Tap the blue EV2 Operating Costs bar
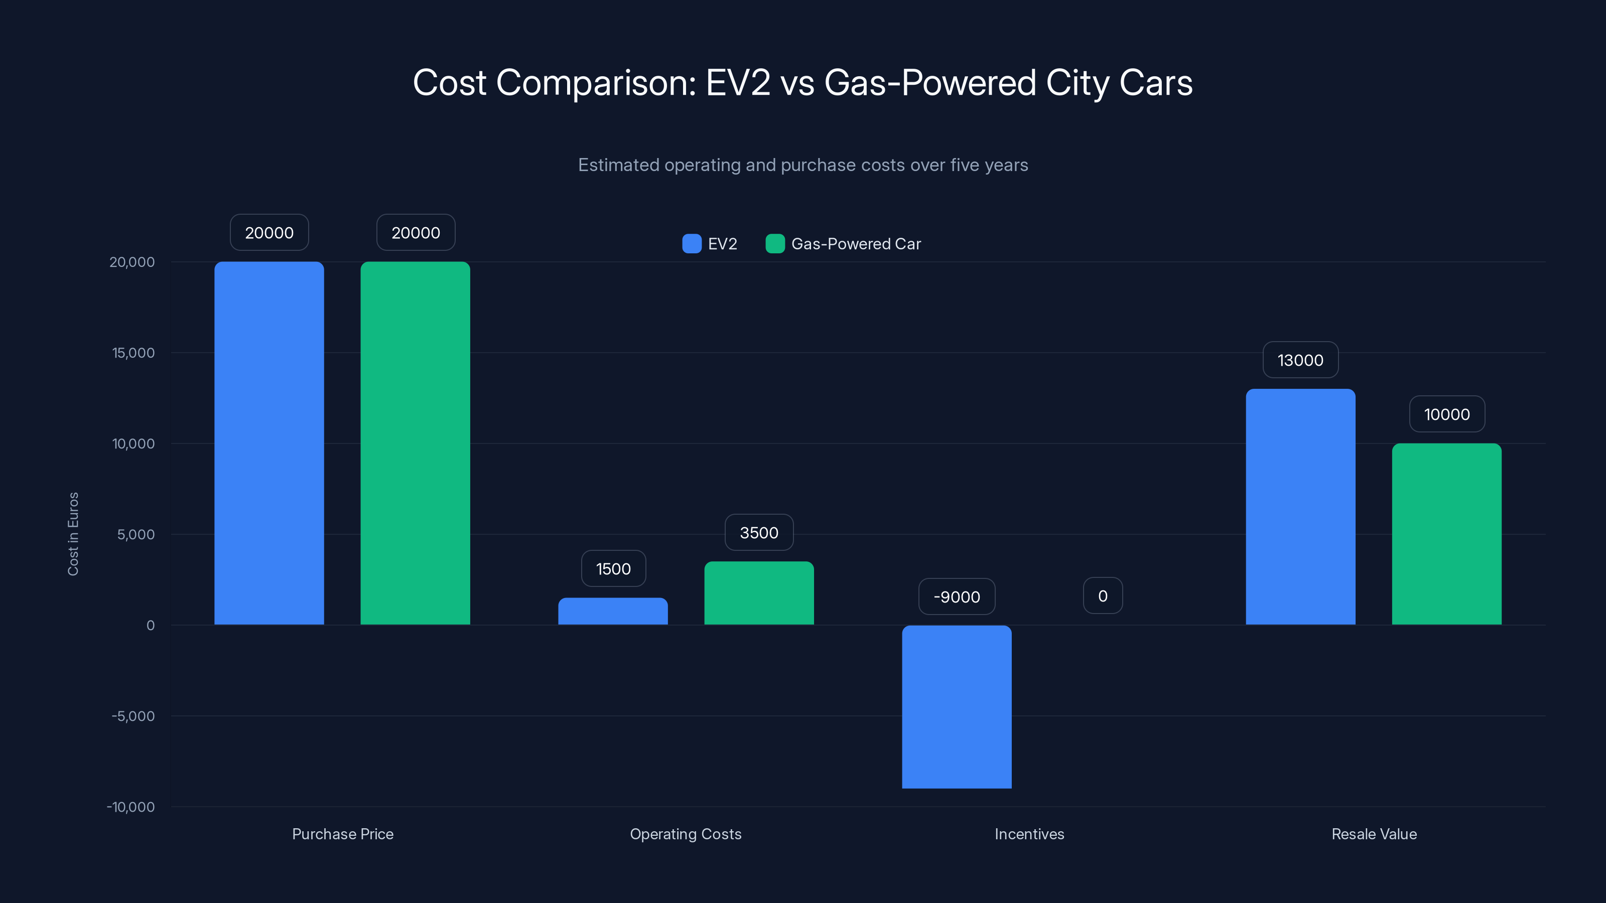click(613, 612)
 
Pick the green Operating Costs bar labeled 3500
click(759, 593)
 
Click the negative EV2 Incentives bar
click(957, 707)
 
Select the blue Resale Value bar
click(1300, 507)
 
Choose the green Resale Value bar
click(1446, 534)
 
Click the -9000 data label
click(957, 597)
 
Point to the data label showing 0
click(1102, 596)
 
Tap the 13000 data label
click(1300, 360)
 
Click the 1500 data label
click(613, 569)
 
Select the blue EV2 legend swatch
click(692, 244)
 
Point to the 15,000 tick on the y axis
click(133, 353)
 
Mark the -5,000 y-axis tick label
click(133, 716)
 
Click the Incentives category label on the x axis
click(1029, 834)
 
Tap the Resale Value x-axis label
click(1374, 834)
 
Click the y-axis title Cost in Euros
click(73, 534)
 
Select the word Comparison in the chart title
click(595, 83)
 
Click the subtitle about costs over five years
click(803, 165)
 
